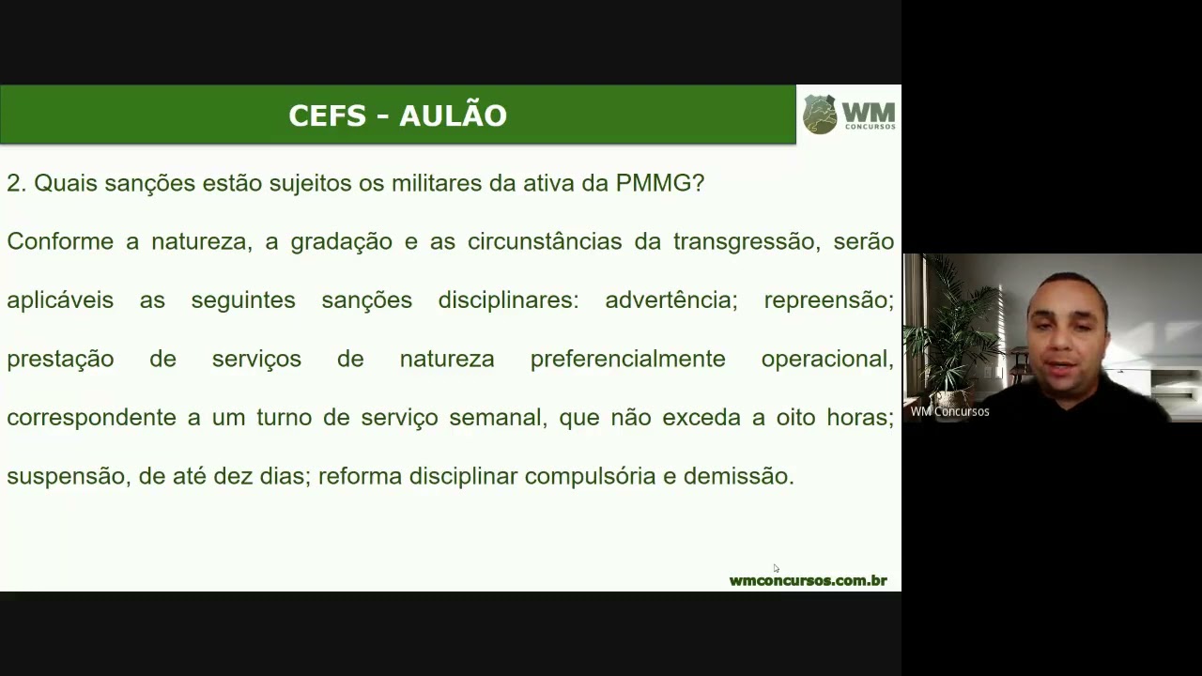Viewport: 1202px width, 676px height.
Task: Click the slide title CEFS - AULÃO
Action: click(397, 115)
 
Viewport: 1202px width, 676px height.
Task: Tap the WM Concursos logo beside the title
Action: click(849, 115)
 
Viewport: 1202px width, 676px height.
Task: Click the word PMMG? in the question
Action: click(659, 183)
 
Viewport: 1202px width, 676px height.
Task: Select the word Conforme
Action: click(60, 241)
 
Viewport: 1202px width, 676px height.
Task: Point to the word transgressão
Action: click(744, 241)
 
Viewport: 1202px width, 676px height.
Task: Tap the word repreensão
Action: click(828, 300)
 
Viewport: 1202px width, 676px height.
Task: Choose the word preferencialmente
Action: click(627, 359)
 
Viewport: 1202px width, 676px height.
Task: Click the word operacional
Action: click(826, 359)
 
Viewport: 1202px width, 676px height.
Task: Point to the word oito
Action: click(795, 418)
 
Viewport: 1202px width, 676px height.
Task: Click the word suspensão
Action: click(66, 476)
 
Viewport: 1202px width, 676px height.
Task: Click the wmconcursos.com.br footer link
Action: click(808, 580)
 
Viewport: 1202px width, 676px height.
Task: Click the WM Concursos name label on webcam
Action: click(949, 411)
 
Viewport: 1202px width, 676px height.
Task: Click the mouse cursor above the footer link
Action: click(776, 568)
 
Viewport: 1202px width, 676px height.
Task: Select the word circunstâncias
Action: click(545, 241)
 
